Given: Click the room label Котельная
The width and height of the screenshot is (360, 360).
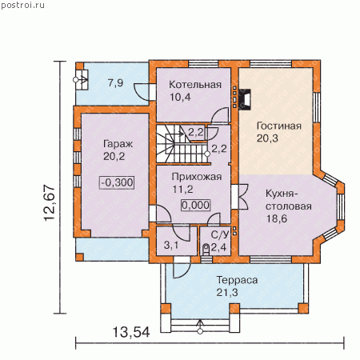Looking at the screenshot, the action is coord(195,85).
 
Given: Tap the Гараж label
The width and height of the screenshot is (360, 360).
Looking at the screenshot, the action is coord(118,144).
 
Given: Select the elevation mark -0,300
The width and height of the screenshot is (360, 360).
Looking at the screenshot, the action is coord(117,182).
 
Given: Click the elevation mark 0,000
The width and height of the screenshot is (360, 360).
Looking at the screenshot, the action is coord(196,205).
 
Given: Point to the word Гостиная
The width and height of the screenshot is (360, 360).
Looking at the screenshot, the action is coord(279,126).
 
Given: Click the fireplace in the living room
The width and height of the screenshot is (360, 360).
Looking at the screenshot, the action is coord(245,99).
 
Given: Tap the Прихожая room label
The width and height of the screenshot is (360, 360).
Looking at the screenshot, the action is coord(197,177).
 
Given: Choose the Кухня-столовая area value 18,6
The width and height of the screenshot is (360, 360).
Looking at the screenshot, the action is coord(277,218).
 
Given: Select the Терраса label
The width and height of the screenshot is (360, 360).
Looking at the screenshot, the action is coord(237,280).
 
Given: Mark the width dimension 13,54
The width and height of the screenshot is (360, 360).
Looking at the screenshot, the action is coord(131,332).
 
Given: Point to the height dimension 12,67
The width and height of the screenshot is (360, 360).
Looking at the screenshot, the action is coord(50,202).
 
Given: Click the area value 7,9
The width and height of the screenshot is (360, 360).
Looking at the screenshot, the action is coord(115,83).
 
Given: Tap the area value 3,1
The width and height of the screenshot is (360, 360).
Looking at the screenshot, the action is coord(171,245).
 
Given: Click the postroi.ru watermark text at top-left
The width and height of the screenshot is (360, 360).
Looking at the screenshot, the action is coord(23,6).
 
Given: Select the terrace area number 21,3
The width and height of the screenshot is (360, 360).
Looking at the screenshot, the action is coord(227,293).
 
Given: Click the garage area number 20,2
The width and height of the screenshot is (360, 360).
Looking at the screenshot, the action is coord(114,157).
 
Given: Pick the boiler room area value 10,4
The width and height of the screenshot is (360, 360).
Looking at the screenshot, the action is coord(181,98).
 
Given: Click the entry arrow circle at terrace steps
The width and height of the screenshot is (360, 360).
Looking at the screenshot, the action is coord(200,331).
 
